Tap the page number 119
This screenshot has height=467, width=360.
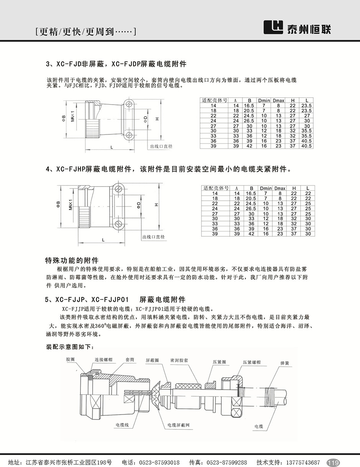(x=334, y=462)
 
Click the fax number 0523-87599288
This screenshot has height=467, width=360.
(x=225, y=462)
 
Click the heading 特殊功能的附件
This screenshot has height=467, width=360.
(x=72, y=260)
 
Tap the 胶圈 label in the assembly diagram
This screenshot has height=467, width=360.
(x=70, y=360)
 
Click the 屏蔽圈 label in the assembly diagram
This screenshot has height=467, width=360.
(x=152, y=360)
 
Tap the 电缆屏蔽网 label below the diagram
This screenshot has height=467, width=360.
(x=179, y=425)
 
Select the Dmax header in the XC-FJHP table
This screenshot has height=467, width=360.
(x=280, y=188)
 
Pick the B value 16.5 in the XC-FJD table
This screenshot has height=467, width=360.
(x=249, y=105)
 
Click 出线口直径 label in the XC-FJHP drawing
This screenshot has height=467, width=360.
(x=153, y=237)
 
